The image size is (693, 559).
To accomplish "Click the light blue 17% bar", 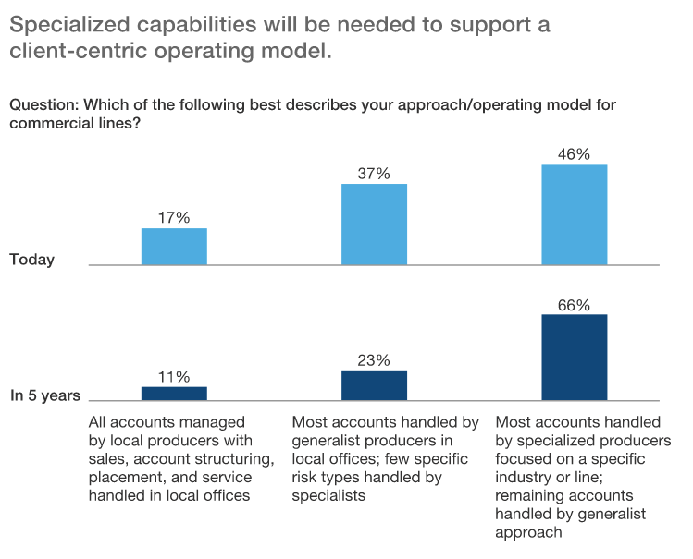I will click(x=174, y=246).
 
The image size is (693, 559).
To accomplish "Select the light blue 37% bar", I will click(x=374, y=225).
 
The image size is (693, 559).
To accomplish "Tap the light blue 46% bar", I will click(x=574, y=214).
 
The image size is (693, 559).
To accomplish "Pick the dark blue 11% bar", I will click(x=174, y=393).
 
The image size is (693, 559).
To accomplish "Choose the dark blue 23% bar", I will click(x=374, y=384).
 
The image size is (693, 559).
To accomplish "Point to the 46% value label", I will click(x=574, y=154).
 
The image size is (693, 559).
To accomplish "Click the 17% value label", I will click(x=174, y=218).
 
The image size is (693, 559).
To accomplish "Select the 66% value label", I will click(x=574, y=305).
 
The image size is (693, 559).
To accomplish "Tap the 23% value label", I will click(x=374, y=360).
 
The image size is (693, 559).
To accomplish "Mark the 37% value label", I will click(x=374, y=174).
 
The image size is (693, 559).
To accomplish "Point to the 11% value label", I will click(x=174, y=377).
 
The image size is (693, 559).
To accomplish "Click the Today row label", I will click(x=32, y=260).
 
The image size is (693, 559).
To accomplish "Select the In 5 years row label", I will click(x=45, y=395).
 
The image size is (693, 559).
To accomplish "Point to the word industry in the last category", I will click(x=524, y=477).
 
